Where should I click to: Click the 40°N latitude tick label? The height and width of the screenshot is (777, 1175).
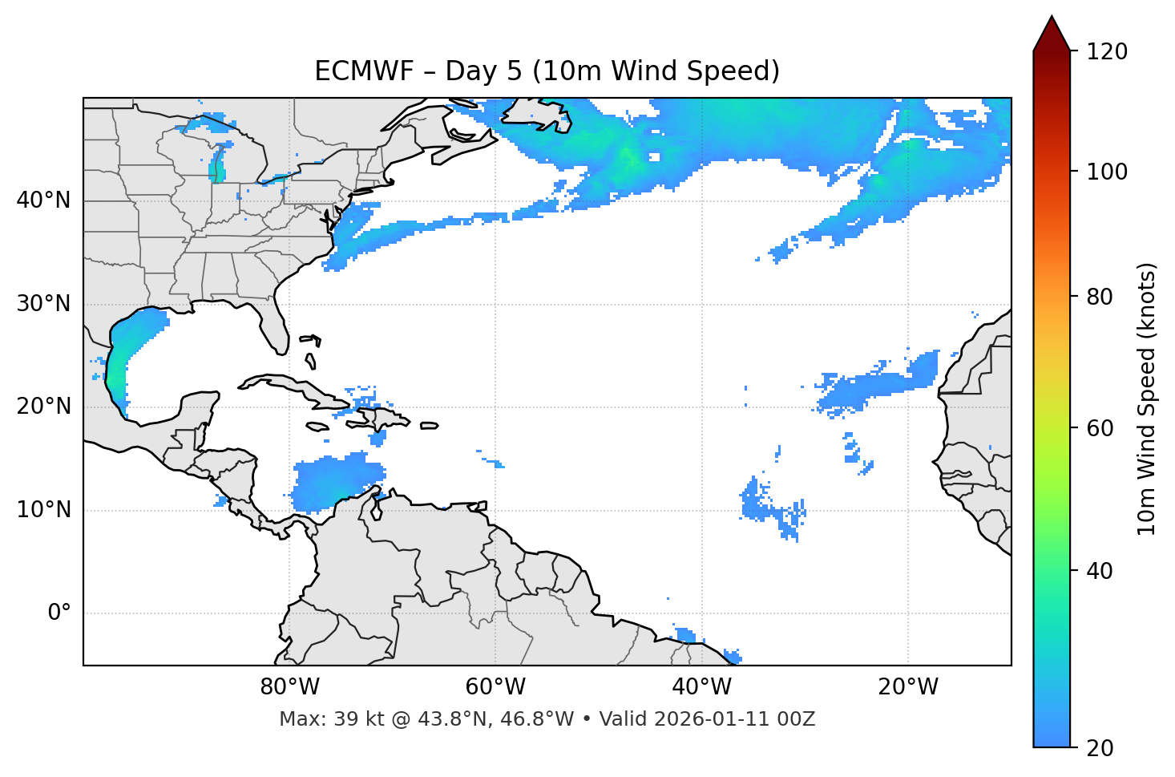43,200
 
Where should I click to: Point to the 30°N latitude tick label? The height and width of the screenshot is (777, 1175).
43,304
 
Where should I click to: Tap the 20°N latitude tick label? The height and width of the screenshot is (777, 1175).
43,407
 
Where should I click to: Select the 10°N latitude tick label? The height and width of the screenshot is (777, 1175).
43,510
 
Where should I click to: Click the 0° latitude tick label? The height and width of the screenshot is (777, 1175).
59,613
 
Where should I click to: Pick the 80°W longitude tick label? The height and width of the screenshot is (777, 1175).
289,687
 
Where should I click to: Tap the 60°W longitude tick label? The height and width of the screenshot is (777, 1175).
495,687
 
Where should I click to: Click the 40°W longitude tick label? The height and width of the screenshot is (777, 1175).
701,687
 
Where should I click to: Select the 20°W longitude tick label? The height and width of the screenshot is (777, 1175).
907,687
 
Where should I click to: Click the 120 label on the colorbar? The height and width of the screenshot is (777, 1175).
1107,52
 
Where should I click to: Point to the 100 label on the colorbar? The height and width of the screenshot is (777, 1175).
1107,172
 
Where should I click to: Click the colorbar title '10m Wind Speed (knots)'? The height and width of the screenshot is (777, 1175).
1147,399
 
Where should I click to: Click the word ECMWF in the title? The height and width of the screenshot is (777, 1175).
363,71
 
